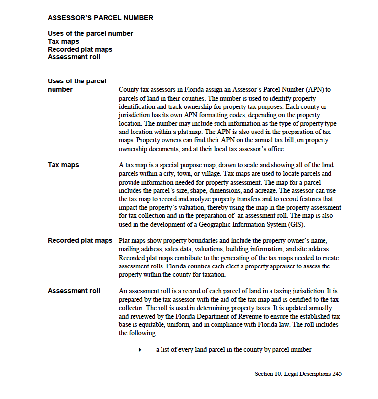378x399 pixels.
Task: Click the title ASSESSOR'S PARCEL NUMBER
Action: pyautogui.click(x=100, y=18)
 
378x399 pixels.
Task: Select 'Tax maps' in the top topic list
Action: pyautogui.click(x=63, y=41)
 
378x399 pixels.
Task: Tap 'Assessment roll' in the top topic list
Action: pyautogui.click(x=74, y=57)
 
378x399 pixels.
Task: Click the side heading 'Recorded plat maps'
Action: pyautogui.click(x=80, y=240)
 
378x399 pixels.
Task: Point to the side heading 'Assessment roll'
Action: pyautogui.click(x=74, y=291)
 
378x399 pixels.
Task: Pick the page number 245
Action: pyautogui.click(x=337, y=374)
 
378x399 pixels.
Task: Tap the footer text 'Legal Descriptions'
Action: pyautogui.click(x=306, y=374)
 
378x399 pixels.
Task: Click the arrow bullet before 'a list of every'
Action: pyautogui.click(x=140, y=350)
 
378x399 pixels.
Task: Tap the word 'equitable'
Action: pyautogui.click(x=144, y=325)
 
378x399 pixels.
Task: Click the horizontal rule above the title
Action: pyautogui.click(x=117, y=6)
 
